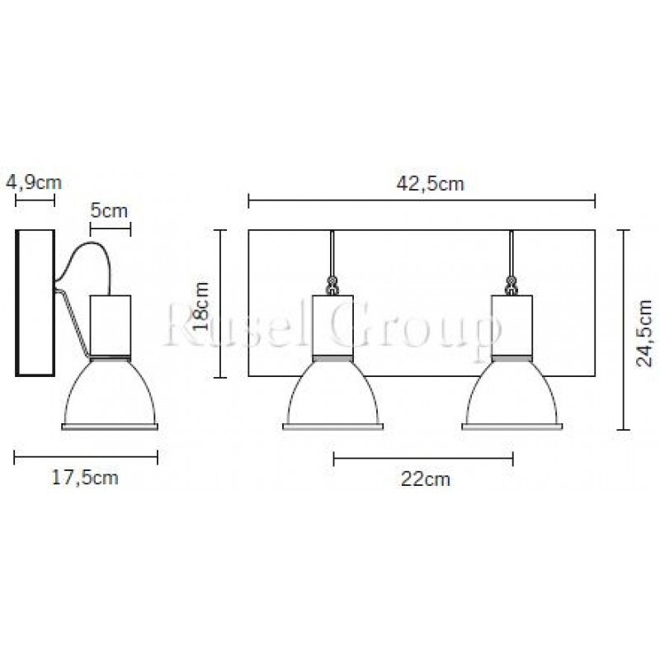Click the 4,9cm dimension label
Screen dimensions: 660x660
pyautogui.click(x=34, y=182)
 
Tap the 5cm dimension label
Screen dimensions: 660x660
pyautogui.click(x=109, y=210)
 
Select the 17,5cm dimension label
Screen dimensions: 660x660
pyautogui.click(x=85, y=478)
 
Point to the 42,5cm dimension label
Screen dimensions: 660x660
pyautogui.click(x=430, y=183)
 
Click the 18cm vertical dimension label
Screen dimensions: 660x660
pyautogui.click(x=200, y=306)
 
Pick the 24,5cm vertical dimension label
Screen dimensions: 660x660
pyautogui.click(x=644, y=333)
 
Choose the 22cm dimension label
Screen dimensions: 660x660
pyautogui.click(x=425, y=479)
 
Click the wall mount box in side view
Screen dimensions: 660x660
pyautogui.click(x=35, y=303)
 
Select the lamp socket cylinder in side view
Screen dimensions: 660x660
pyautogui.click(x=111, y=325)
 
